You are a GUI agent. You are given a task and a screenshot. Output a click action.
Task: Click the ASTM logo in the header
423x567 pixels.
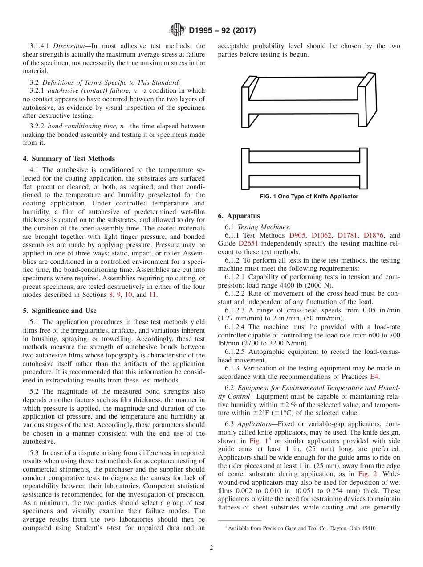click(x=178, y=30)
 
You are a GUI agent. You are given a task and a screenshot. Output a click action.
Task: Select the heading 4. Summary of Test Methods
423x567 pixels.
click(x=69, y=159)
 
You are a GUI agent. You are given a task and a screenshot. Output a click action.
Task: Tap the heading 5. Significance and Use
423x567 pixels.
click(x=60, y=311)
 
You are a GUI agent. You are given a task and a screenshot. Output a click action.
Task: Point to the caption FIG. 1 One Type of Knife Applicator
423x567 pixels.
click(x=309, y=197)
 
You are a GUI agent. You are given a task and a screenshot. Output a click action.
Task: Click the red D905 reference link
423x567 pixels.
click(x=298, y=235)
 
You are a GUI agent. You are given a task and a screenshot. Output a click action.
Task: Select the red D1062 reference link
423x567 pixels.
click(x=321, y=235)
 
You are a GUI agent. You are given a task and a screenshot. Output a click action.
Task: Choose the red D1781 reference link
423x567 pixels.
click(x=347, y=235)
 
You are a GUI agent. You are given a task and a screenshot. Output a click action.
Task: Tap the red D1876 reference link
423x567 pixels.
click(x=373, y=235)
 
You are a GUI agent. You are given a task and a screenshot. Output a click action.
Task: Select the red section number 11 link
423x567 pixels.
click(x=153, y=295)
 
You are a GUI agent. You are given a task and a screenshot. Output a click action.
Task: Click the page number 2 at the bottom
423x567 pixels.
click(x=211, y=548)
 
